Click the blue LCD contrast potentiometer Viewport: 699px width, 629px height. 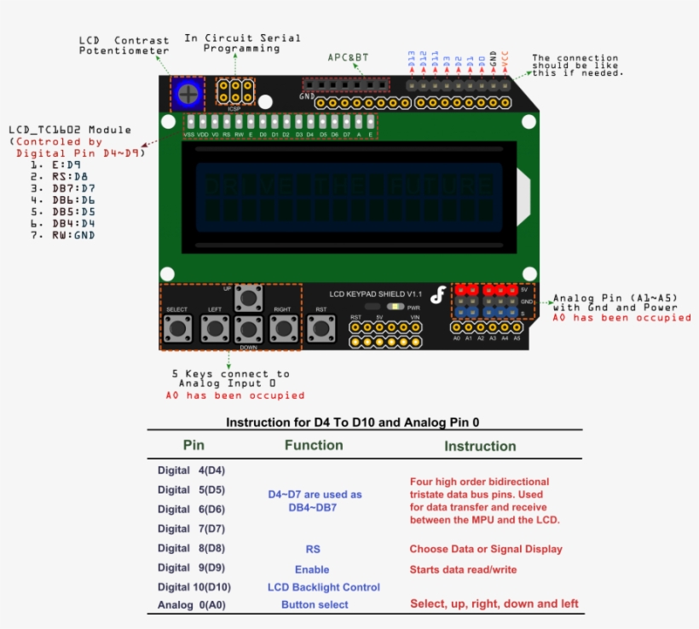187,93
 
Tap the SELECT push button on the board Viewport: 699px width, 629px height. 177,327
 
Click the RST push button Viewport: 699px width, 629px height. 321,327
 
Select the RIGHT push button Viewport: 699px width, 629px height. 282,327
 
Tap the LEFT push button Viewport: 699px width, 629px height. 215,327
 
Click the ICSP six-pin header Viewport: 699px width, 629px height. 235,92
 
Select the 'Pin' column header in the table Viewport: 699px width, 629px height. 194,445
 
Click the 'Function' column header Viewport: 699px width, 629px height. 313,445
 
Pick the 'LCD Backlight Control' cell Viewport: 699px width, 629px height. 323,586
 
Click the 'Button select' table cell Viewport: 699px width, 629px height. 315,604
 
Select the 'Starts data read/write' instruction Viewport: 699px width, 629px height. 463,569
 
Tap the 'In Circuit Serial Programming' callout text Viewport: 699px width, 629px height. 242,43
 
